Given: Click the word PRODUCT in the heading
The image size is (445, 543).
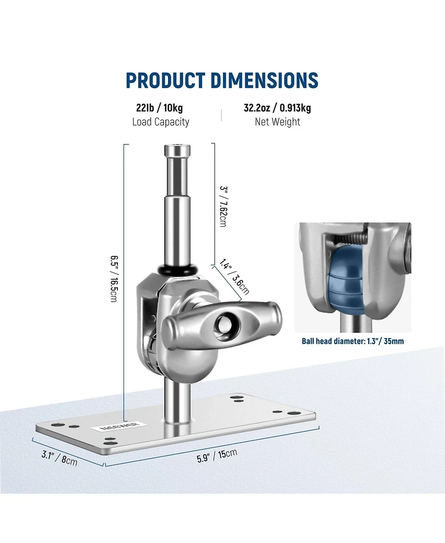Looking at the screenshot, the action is point(165,80).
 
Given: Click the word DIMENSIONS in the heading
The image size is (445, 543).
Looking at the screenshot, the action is point(264,80).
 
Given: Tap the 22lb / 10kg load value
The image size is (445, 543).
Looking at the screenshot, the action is point(160,108).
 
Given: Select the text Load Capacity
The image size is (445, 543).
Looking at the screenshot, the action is point(160,122).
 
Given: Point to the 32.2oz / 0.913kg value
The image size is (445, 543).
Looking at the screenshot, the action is point(277,108).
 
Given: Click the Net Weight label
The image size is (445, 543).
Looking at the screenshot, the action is point(277,122).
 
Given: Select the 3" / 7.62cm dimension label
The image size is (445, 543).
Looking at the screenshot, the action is point(224,206).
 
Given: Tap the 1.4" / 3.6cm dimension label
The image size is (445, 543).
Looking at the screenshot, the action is point(234,277).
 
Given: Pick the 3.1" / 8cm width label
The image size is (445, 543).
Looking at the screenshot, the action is point(60,458).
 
